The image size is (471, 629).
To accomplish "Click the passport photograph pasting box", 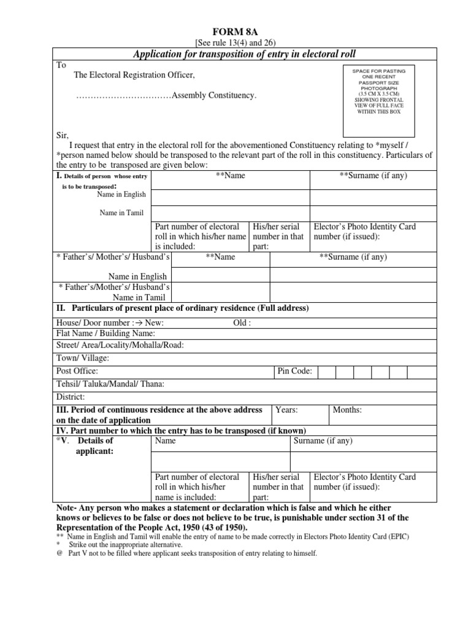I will (x=378, y=100).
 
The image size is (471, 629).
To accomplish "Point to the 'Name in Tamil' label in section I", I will (x=123, y=213).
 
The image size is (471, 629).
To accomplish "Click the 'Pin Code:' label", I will (x=295, y=371).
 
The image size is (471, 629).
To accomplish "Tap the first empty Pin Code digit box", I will (x=326, y=372).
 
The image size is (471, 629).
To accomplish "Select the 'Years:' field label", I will (x=286, y=410).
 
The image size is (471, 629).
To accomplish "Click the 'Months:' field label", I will (x=347, y=410).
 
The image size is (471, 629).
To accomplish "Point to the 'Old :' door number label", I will (x=242, y=322).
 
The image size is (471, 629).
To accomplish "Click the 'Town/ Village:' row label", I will (x=83, y=357).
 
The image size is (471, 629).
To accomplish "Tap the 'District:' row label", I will (x=71, y=397).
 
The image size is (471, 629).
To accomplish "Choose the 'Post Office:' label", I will (x=77, y=371).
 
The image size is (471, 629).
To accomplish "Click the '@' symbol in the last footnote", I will (x=59, y=553).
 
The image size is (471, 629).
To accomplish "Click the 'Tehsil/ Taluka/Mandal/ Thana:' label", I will (x=110, y=384).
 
